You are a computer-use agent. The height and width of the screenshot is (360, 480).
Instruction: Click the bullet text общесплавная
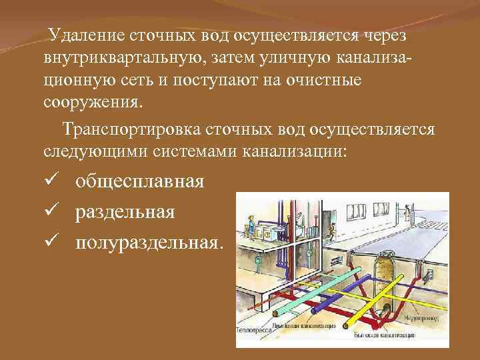click(x=139, y=181)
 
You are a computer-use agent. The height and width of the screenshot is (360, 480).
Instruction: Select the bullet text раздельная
click(x=125, y=212)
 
